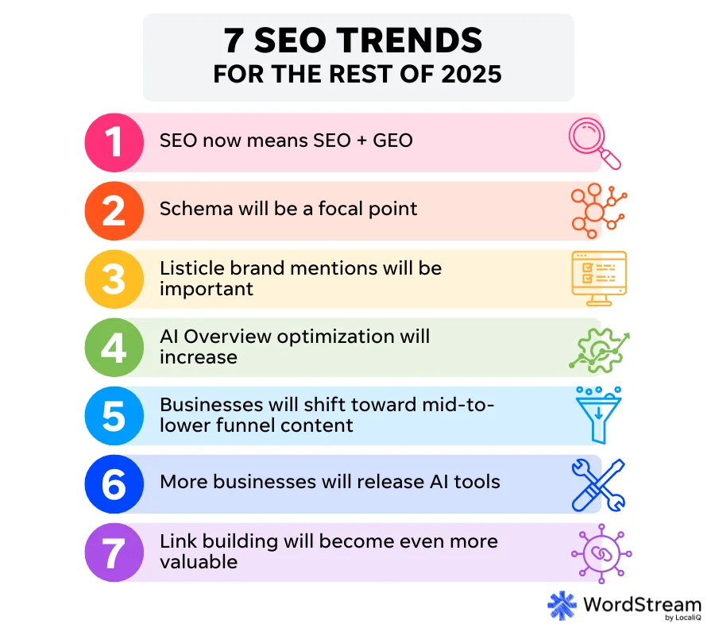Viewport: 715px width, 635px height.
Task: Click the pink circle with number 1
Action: [x=114, y=142]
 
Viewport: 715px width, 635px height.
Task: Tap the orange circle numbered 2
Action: [x=114, y=210]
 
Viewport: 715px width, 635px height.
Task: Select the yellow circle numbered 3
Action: [x=114, y=279]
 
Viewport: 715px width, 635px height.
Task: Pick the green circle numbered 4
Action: [x=114, y=347]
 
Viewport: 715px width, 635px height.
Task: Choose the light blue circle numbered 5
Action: [x=114, y=415]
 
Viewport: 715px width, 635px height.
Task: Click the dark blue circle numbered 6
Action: [x=114, y=483]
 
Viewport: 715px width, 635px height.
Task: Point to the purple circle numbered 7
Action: [x=114, y=552]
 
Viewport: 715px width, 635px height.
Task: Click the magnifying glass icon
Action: [x=595, y=143]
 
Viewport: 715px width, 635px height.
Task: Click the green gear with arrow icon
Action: [x=598, y=348]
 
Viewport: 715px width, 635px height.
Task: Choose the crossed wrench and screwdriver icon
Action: [x=598, y=484]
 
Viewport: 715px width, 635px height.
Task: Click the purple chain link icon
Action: [x=598, y=552]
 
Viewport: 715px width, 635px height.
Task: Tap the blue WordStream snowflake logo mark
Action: [x=562, y=606]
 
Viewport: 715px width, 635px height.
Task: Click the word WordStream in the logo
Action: [x=642, y=603]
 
